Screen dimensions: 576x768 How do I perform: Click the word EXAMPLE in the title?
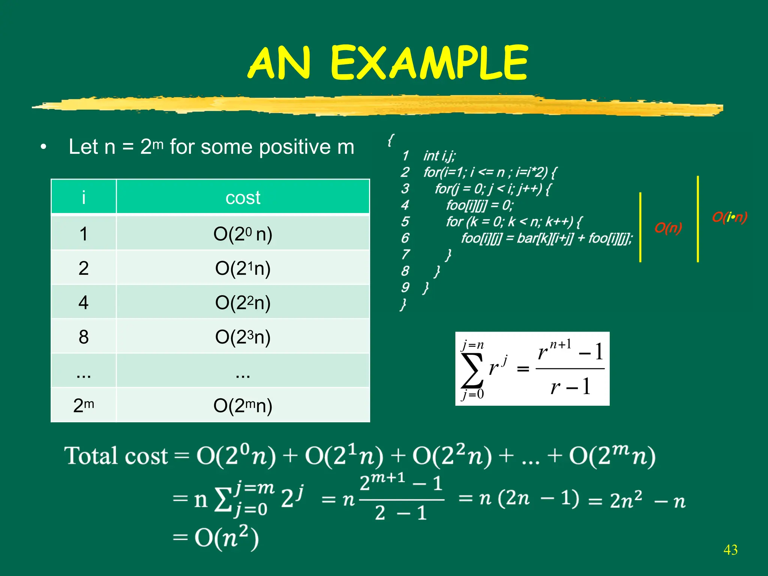pyautogui.click(x=429, y=63)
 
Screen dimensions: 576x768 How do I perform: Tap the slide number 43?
pyautogui.click(x=730, y=550)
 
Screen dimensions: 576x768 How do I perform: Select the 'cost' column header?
pyautogui.click(x=243, y=197)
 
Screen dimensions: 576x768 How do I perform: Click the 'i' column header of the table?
pyautogui.click(x=83, y=197)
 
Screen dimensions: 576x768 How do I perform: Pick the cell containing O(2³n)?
pyautogui.click(x=243, y=337)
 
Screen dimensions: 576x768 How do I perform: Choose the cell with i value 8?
pyautogui.click(x=83, y=337)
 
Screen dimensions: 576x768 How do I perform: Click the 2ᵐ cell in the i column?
pyautogui.click(x=83, y=405)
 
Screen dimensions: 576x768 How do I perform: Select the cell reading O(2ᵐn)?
pyautogui.click(x=243, y=405)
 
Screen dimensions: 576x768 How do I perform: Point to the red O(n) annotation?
pyautogui.click(x=668, y=228)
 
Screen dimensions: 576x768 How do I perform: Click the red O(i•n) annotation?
pyautogui.click(x=729, y=217)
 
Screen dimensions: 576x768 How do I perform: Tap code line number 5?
pyautogui.click(x=405, y=222)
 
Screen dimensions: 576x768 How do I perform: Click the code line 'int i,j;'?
pyautogui.click(x=439, y=156)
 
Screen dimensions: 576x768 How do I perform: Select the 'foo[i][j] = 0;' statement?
pyautogui.click(x=479, y=205)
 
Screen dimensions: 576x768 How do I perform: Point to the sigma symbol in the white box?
pyautogui.click(x=471, y=370)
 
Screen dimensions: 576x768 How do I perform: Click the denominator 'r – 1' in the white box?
pyautogui.click(x=570, y=387)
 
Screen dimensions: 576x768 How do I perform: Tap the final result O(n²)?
pyautogui.click(x=226, y=537)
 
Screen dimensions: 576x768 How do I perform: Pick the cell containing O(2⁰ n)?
pyautogui.click(x=243, y=234)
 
